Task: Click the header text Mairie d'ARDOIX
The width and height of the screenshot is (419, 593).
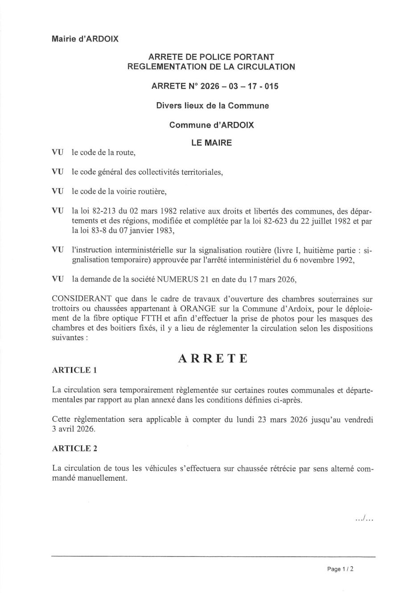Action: (x=85, y=39)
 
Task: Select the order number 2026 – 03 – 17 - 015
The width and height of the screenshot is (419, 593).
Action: (x=239, y=86)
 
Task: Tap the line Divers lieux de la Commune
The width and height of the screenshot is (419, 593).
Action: (x=212, y=106)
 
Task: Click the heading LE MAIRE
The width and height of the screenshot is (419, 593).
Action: (x=211, y=143)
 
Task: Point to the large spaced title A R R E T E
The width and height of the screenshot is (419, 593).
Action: (x=212, y=358)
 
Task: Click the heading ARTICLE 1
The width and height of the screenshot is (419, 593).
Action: (x=74, y=370)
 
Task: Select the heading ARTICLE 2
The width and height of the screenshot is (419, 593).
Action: (x=74, y=449)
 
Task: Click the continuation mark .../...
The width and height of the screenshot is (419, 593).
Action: (x=364, y=518)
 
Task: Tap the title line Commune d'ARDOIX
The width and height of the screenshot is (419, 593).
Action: (x=212, y=125)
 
